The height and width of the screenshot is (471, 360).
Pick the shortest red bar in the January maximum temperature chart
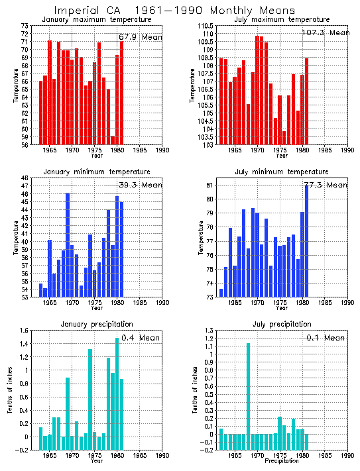point(113,140)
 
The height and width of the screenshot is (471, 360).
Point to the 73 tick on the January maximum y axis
point(26,25)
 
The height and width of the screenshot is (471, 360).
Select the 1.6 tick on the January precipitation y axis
point(26,331)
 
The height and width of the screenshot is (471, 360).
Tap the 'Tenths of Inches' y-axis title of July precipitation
point(195,390)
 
